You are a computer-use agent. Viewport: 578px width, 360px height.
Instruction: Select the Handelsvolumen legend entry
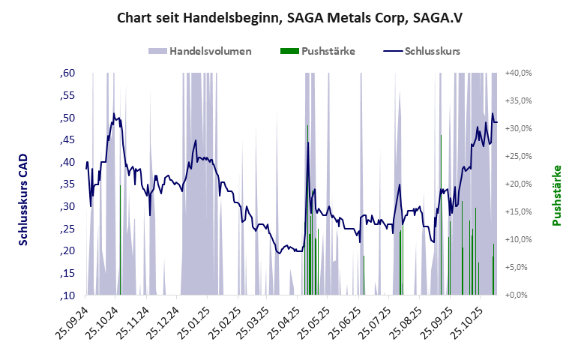(209, 51)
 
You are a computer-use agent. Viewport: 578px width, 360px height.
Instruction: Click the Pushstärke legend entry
(328, 51)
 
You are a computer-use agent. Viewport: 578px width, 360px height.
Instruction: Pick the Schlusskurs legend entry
(432, 51)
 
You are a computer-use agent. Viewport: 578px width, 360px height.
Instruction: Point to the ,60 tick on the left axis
(67, 73)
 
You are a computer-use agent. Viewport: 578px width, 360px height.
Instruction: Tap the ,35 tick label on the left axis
(67, 184)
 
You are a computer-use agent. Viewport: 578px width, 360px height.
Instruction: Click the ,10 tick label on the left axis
(67, 295)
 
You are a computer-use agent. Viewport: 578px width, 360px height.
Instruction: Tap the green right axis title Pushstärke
(556, 195)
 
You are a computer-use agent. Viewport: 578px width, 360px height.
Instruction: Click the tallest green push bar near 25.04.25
(308, 210)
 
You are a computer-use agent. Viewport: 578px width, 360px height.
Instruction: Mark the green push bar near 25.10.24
(120, 240)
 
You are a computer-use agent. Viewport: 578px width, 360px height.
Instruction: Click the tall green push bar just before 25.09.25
(441, 214)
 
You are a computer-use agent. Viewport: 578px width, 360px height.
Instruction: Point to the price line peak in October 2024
(114, 114)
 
